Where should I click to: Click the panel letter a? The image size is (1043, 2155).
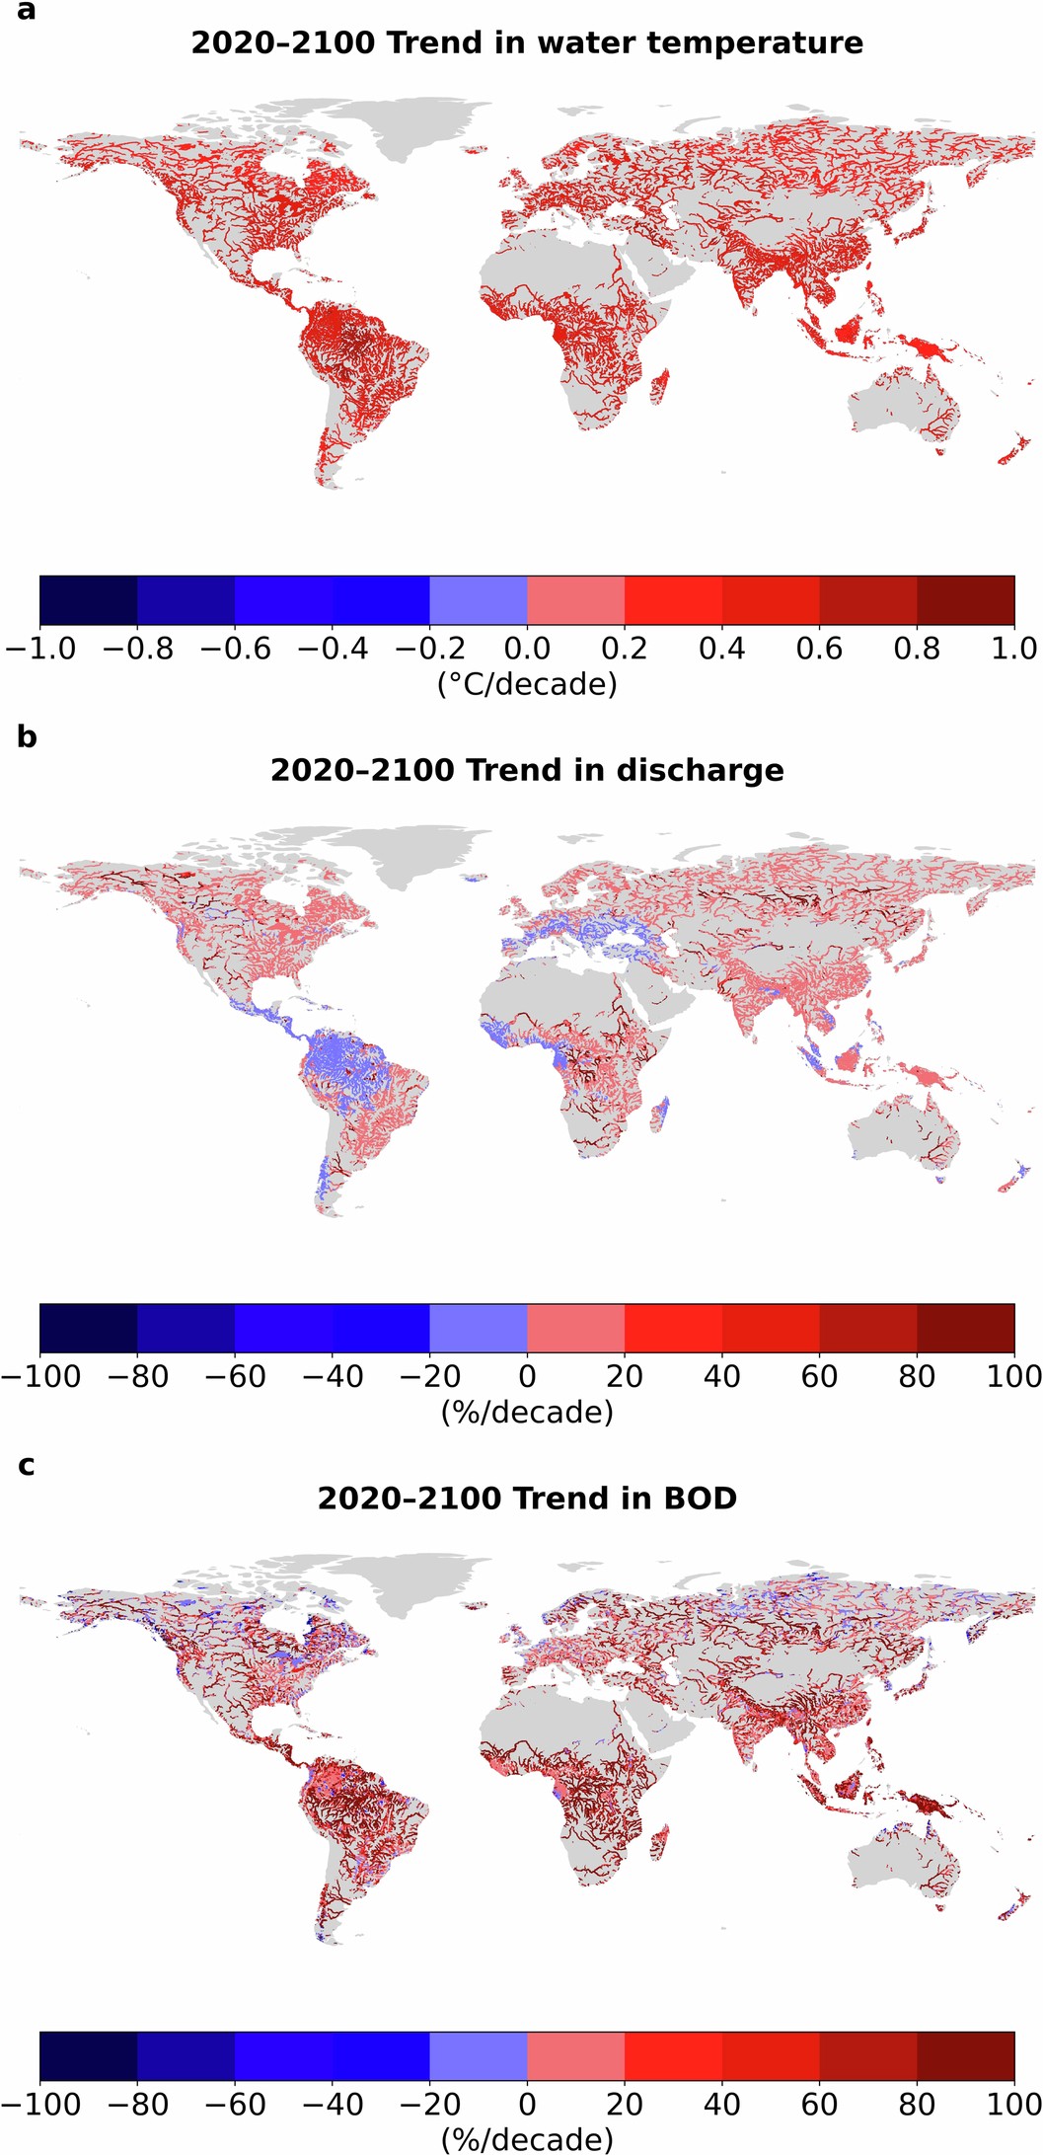(x=27, y=13)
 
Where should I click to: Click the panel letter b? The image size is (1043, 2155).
(x=27, y=737)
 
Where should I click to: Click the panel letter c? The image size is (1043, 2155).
(x=27, y=1466)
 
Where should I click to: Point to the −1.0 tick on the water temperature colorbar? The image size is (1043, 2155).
(x=39, y=649)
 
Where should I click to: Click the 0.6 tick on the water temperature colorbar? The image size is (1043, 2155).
(x=819, y=649)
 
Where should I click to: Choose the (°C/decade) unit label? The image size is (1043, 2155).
(x=527, y=684)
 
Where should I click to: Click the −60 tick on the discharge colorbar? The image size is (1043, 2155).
(x=235, y=1376)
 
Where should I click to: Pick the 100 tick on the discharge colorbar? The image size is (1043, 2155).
(x=1013, y=1376)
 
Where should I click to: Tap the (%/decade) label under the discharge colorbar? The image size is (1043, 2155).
(x=527, y=1412)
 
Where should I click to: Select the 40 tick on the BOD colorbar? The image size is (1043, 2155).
(x=722, y=2105)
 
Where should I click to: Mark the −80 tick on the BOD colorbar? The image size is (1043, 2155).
(x=137, y=2105)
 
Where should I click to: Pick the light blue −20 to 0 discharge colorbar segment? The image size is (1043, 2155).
(x=478, y=1328)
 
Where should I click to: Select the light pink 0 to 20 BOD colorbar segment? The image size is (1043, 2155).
(x=575, y=2056)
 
